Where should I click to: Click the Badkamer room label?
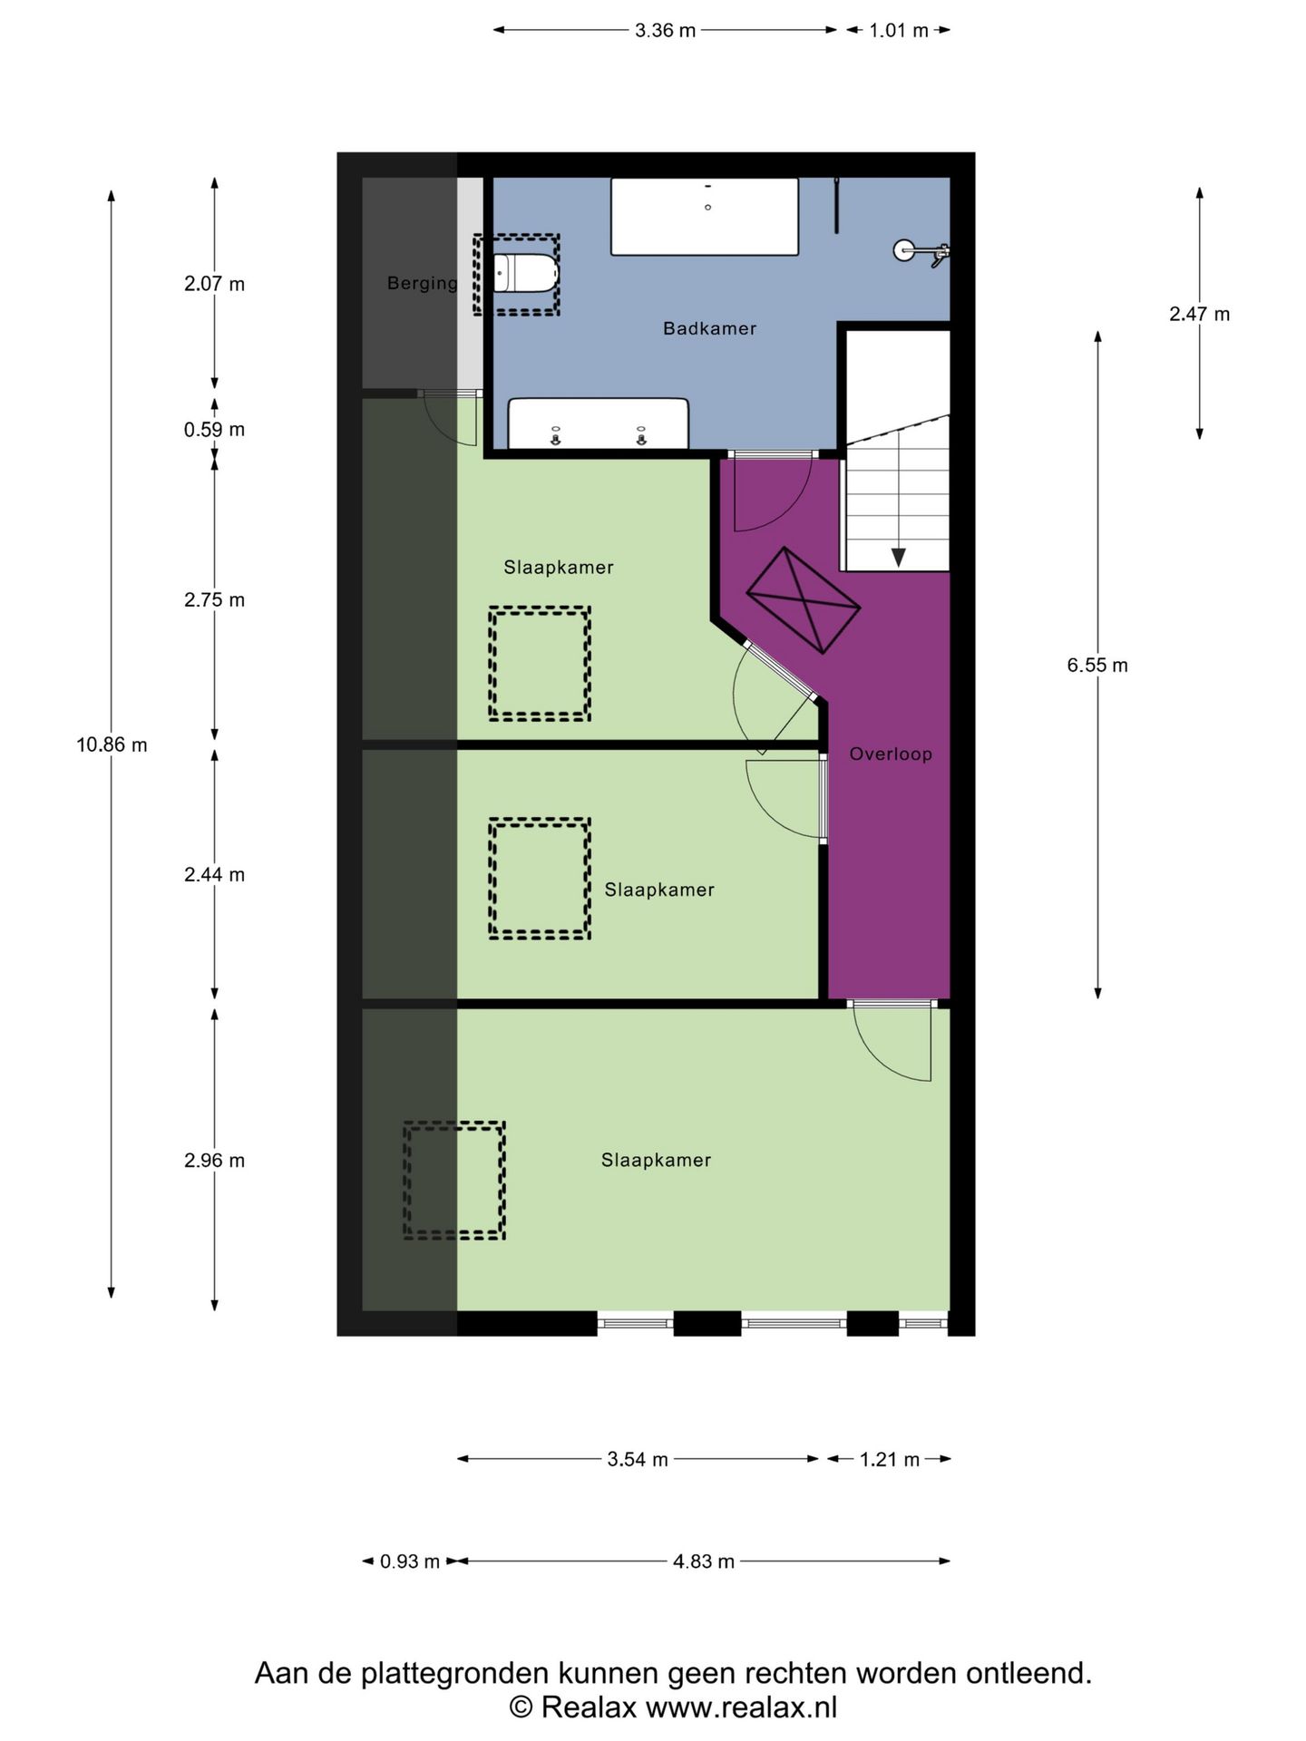(x=709, y=328)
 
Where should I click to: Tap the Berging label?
(x=423, y=283)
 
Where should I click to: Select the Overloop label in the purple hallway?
(x=891, y=754)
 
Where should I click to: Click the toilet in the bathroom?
(x=526, y=274)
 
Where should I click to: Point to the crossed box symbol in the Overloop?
(x=803, y=599)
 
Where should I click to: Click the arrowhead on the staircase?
(x=899, y=558)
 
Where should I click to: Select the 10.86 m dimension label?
(x=112, y=744)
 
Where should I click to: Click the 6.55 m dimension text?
(x=1097, y=665)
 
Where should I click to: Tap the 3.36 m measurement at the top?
(x=665, y=30)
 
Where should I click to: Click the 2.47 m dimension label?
(x=1199, y=314)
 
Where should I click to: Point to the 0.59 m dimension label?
(x=214, y=429)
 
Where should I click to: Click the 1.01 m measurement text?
(x=899, y=30)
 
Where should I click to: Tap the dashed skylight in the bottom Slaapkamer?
(x=454, y=1180)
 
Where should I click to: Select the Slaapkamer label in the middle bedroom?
(x=659, y=890)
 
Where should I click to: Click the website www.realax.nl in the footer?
(x=741, y=1707)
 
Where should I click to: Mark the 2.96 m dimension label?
(x=214, y=1160)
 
